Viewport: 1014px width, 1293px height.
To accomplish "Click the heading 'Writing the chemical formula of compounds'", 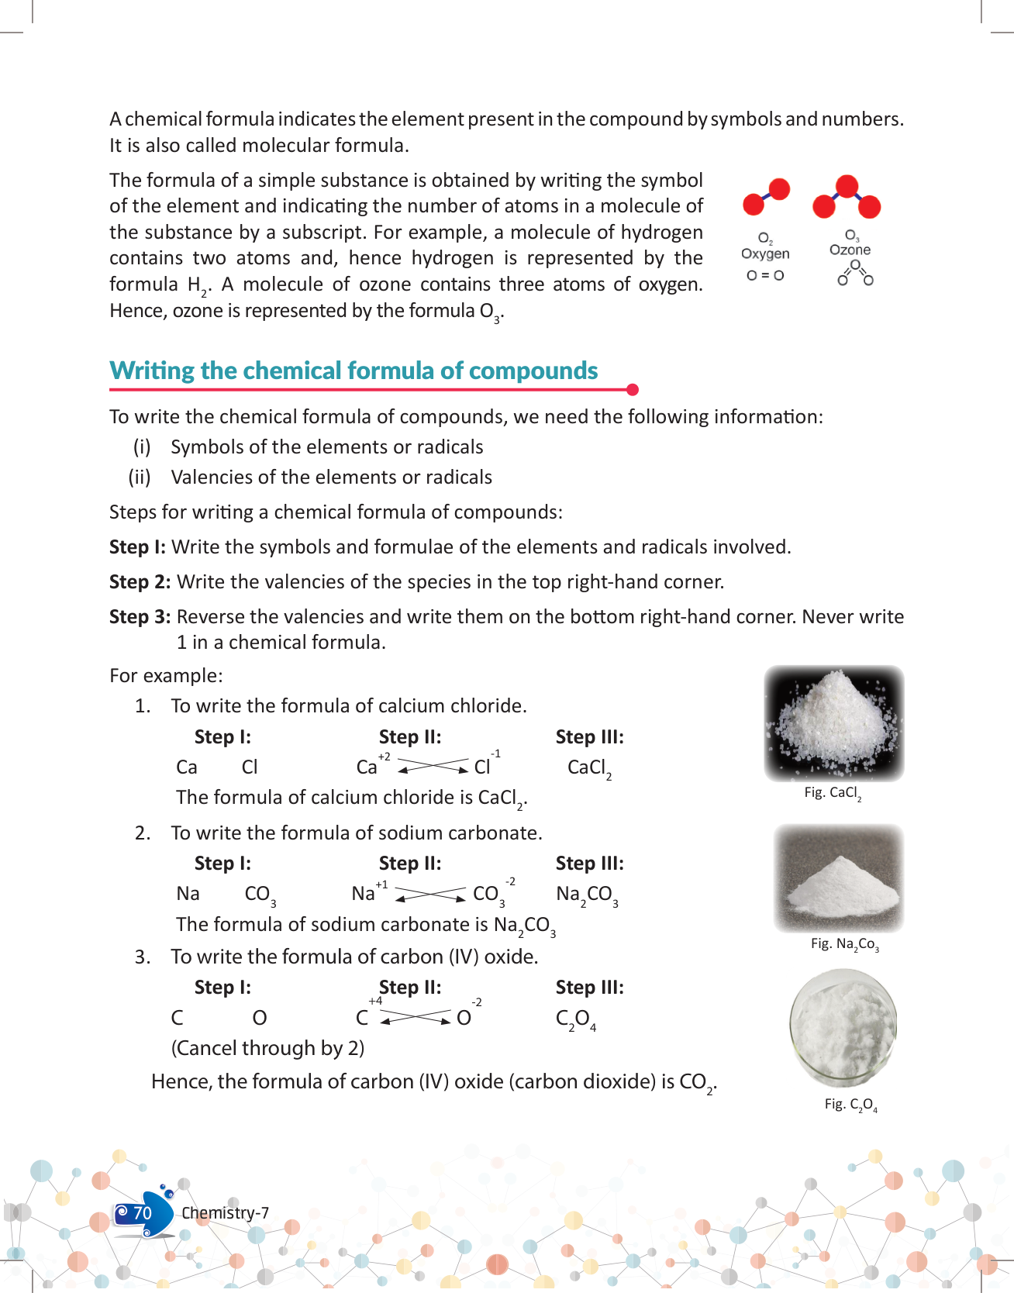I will point(354,371).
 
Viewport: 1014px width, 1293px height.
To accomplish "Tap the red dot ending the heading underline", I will point(632,389).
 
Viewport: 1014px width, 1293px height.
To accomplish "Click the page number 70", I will point(142,1213).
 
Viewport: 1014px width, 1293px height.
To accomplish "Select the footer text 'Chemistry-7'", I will point(225,1213).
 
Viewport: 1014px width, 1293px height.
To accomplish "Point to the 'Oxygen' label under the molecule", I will point(765,253).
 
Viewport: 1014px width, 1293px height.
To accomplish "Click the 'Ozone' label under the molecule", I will point(850,250).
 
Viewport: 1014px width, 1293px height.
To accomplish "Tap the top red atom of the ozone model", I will point(847,186).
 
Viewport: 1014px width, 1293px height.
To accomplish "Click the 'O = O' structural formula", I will point(765,275).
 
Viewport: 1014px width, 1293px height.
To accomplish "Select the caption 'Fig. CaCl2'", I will point(833,792).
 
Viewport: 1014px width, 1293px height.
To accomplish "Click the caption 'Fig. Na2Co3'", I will point(844,943).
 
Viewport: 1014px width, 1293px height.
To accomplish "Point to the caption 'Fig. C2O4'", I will point(850,1104).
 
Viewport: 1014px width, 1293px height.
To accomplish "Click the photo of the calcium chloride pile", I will point(834,722).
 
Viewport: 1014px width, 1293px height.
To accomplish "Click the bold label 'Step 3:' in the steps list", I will point(140,616).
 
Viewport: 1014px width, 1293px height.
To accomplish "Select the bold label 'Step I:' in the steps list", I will point(137,547).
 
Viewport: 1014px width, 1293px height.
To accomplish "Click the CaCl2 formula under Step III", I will point(589,767).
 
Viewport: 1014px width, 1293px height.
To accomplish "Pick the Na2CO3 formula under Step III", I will point(587,895).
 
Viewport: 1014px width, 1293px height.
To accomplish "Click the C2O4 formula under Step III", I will point(575,1019).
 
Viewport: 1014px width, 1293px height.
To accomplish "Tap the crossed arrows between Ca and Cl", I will point(433,766).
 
